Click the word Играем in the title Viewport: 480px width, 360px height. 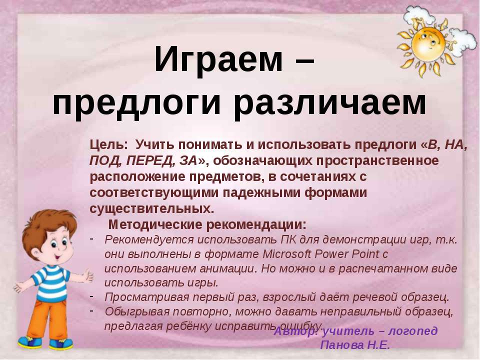pyautogui.click(x=217, y=59)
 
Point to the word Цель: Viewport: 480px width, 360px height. pyautogui.click(x=109, y=145)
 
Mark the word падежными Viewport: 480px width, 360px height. pyautogui.click(x=259, y=192)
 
